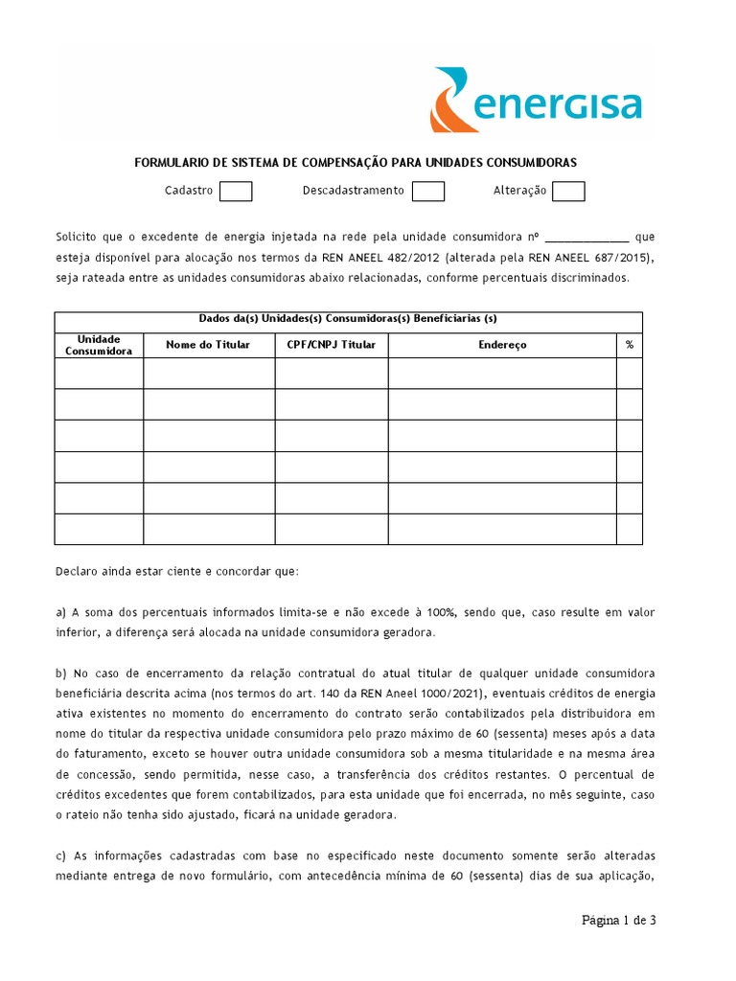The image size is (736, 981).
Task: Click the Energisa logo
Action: pyautogui.click(x=536, y=101)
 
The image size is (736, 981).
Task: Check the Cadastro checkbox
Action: pyautogui.click(x=236, y=192)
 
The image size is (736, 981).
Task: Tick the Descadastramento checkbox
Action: pyautogui.click(x=428, y=192)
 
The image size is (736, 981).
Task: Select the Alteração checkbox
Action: pyautogui.click(x=568, y=192)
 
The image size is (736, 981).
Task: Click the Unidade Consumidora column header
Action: pyautogui.click(x=99, y=345)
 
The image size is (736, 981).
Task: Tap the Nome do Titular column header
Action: pyautogui.click(x=208, y=345)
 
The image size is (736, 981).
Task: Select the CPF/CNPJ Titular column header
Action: pyautogui.click(x=332, y=345)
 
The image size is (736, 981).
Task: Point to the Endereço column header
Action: pyautogui.click(x=502, y=345)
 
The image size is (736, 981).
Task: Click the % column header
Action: pyautogui.click(x=630, y=345)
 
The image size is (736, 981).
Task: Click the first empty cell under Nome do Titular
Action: pyautogui.click(x=209, y=374)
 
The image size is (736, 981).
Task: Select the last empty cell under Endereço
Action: pyautogui.click(x=502, y=529)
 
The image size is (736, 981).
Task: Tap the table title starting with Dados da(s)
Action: pyautogui.click(x=348, y=319)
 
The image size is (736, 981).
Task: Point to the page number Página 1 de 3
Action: pyautogui.click(x=619, y=921)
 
